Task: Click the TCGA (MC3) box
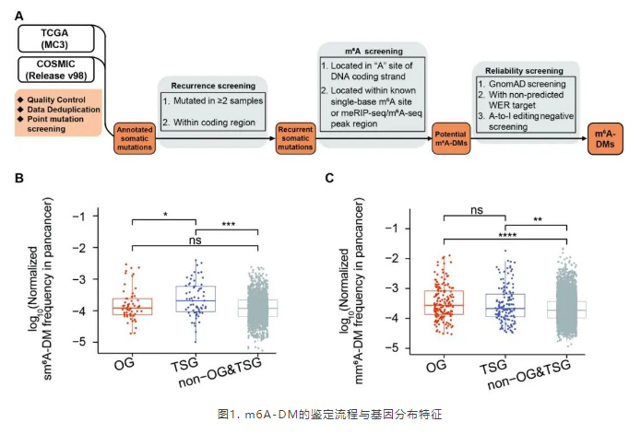coord(58,36)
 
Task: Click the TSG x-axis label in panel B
coord(195,366)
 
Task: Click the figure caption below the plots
coord(320,415)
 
